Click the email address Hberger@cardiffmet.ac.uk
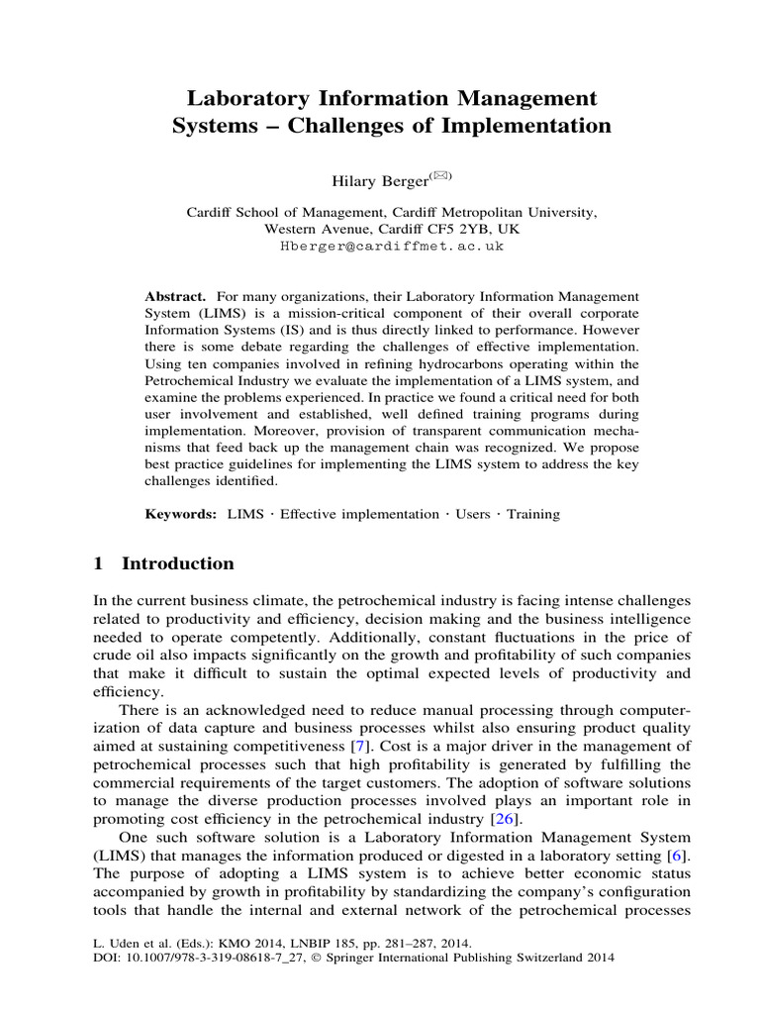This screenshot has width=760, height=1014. click(380, 246)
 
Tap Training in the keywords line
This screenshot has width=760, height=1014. click(533, 514)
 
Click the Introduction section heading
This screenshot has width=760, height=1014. click(178, 563)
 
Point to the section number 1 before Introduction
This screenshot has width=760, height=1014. click(98, 563)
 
